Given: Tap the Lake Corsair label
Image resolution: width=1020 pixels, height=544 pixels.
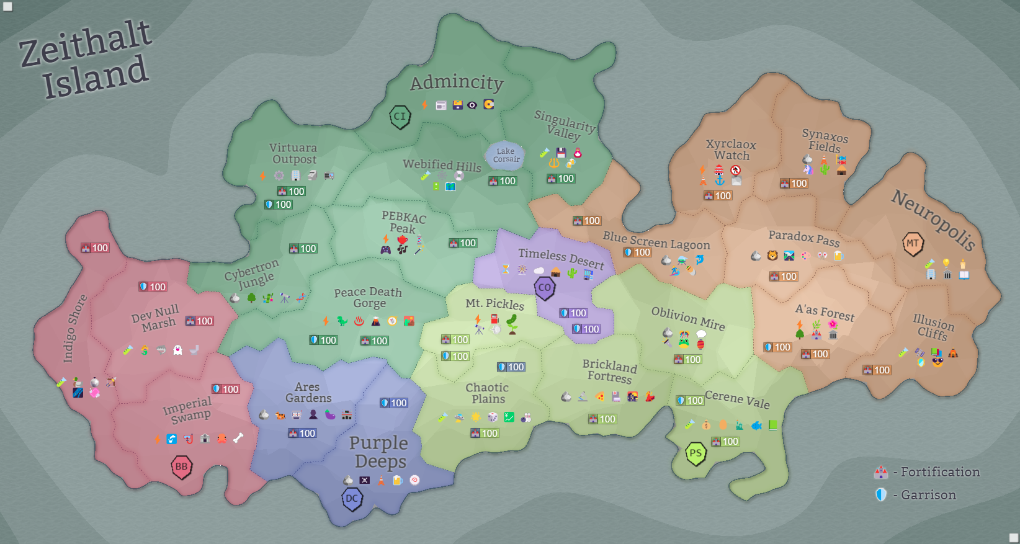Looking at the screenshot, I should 506,155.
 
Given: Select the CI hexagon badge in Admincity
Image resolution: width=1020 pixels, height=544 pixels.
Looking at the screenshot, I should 400,116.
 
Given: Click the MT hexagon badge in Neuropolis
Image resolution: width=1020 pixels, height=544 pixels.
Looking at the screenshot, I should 913,243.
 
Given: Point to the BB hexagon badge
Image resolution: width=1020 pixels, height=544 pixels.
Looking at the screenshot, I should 181,466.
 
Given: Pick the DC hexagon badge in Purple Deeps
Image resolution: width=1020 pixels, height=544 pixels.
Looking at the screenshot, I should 352,498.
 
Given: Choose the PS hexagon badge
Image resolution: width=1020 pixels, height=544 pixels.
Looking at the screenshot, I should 696,453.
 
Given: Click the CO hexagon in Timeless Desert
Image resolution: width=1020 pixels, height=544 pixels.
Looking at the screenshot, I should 544,288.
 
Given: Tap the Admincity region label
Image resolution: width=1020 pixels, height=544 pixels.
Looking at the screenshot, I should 457,82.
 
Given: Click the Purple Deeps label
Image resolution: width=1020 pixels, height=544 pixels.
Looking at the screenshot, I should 378,452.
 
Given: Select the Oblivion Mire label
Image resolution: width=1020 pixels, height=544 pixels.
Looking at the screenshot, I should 688,318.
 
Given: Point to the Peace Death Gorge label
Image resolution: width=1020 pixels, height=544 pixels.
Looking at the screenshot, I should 368,297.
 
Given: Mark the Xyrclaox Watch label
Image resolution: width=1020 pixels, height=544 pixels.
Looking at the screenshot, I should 731,149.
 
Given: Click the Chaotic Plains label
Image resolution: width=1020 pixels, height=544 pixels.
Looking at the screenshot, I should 488,393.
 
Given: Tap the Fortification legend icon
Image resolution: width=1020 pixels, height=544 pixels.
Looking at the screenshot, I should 881,473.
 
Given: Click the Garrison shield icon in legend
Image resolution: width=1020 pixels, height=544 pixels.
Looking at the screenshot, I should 881,495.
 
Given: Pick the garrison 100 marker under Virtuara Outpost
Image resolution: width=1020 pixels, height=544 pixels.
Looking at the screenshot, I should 278,204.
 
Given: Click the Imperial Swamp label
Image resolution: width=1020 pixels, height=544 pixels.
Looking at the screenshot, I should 187,410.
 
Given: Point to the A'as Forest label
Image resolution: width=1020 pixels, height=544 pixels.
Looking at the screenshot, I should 825,312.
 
